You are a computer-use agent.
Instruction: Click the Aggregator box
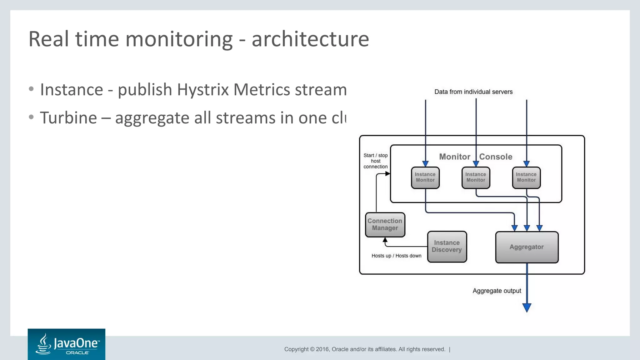coord(527,247)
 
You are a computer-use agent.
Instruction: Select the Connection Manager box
coord(385,225)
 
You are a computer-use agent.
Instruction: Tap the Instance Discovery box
coord(447,247)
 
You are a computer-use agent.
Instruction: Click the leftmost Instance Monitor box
coord(425,177)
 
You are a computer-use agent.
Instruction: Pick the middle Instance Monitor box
coord(476,177)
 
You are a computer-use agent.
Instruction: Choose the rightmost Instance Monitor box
coord(526,177)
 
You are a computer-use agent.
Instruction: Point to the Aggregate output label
coord(497,291)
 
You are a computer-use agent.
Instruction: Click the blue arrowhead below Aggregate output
coord(527,307)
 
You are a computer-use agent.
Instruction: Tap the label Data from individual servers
coord(473,92)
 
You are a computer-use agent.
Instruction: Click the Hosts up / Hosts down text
coord(396,256)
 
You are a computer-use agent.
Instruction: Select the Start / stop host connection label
coord(375,161)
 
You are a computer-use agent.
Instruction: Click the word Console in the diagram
coord(496,157)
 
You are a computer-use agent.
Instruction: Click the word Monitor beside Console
coord(454,157)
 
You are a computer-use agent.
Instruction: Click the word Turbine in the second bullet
coord(68,118)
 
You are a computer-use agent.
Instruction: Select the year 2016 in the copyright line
coord(323,349)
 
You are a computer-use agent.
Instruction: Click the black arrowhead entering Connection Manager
coord(385,240)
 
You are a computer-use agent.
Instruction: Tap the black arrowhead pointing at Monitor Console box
coord(387,174)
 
